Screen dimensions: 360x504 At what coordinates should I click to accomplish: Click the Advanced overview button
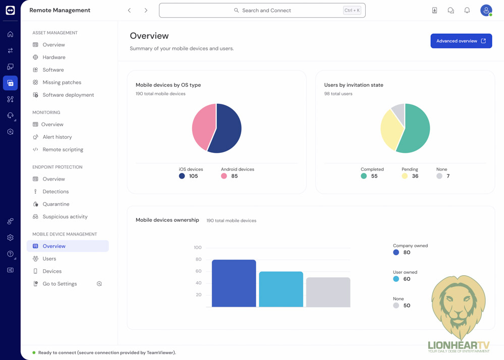461,41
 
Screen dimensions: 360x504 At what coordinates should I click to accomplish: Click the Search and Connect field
262,10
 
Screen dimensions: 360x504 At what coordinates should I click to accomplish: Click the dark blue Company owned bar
234,283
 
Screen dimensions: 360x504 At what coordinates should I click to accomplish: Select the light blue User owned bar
281,289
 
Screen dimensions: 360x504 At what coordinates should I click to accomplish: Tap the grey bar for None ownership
328,292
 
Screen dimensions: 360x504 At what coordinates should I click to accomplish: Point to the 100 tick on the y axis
197,248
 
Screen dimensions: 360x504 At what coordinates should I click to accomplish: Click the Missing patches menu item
62,82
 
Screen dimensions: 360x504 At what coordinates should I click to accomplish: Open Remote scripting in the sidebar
63,149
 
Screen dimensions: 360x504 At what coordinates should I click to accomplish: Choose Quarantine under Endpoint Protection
55,204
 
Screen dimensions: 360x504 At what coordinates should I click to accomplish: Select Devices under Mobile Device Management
52,271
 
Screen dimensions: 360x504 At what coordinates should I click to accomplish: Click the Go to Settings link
60,284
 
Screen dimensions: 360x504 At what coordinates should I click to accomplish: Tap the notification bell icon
467,10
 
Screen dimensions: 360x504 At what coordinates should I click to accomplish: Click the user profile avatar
486,10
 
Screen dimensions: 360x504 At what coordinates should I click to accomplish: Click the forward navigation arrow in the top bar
146,10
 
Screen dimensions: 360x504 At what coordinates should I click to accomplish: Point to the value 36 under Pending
415,176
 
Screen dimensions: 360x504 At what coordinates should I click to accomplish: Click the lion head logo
458,305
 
